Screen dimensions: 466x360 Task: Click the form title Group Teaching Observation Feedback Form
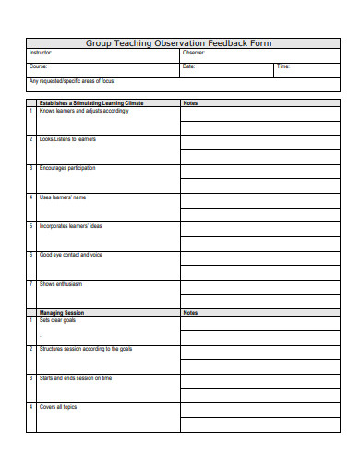click(x=179, y=43)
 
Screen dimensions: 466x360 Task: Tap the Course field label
click(x=38, y=67)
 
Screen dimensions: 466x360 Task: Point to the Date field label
click(x=188, y=67)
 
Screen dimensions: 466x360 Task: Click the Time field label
click(x=283, y=67)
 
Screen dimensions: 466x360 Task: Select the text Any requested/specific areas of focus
click(x=72, y=80)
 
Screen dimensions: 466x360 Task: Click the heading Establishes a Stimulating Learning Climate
click(x=92, y=103)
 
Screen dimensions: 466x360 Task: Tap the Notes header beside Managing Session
click(x=190, y=313)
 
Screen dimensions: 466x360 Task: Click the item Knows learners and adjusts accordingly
click(x=84, y=111)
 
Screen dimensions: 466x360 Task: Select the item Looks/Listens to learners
click(x=67, y=139)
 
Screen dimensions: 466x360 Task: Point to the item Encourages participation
click(x=67, y=168)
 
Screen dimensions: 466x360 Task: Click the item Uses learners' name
click(x=63, y=197)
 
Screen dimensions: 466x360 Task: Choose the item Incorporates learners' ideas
click(x=71, y=226)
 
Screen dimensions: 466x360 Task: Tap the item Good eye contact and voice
click(x=71, y=255)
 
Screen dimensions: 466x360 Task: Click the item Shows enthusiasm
click(x=61, y=283)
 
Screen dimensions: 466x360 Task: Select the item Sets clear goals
click(x=58, y=320)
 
